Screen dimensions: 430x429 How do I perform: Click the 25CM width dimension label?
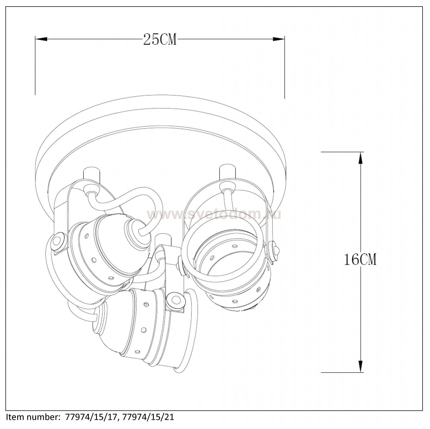tap(160, 39)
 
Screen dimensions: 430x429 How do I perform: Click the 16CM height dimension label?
tap(360, 260)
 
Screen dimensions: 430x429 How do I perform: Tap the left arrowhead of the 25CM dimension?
tap(41, 39)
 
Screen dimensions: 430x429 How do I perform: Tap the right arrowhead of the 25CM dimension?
tap(279, 39)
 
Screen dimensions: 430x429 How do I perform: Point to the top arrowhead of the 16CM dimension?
tap(360, 158)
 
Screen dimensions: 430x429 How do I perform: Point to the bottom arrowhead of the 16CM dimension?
tap(360, 366)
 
